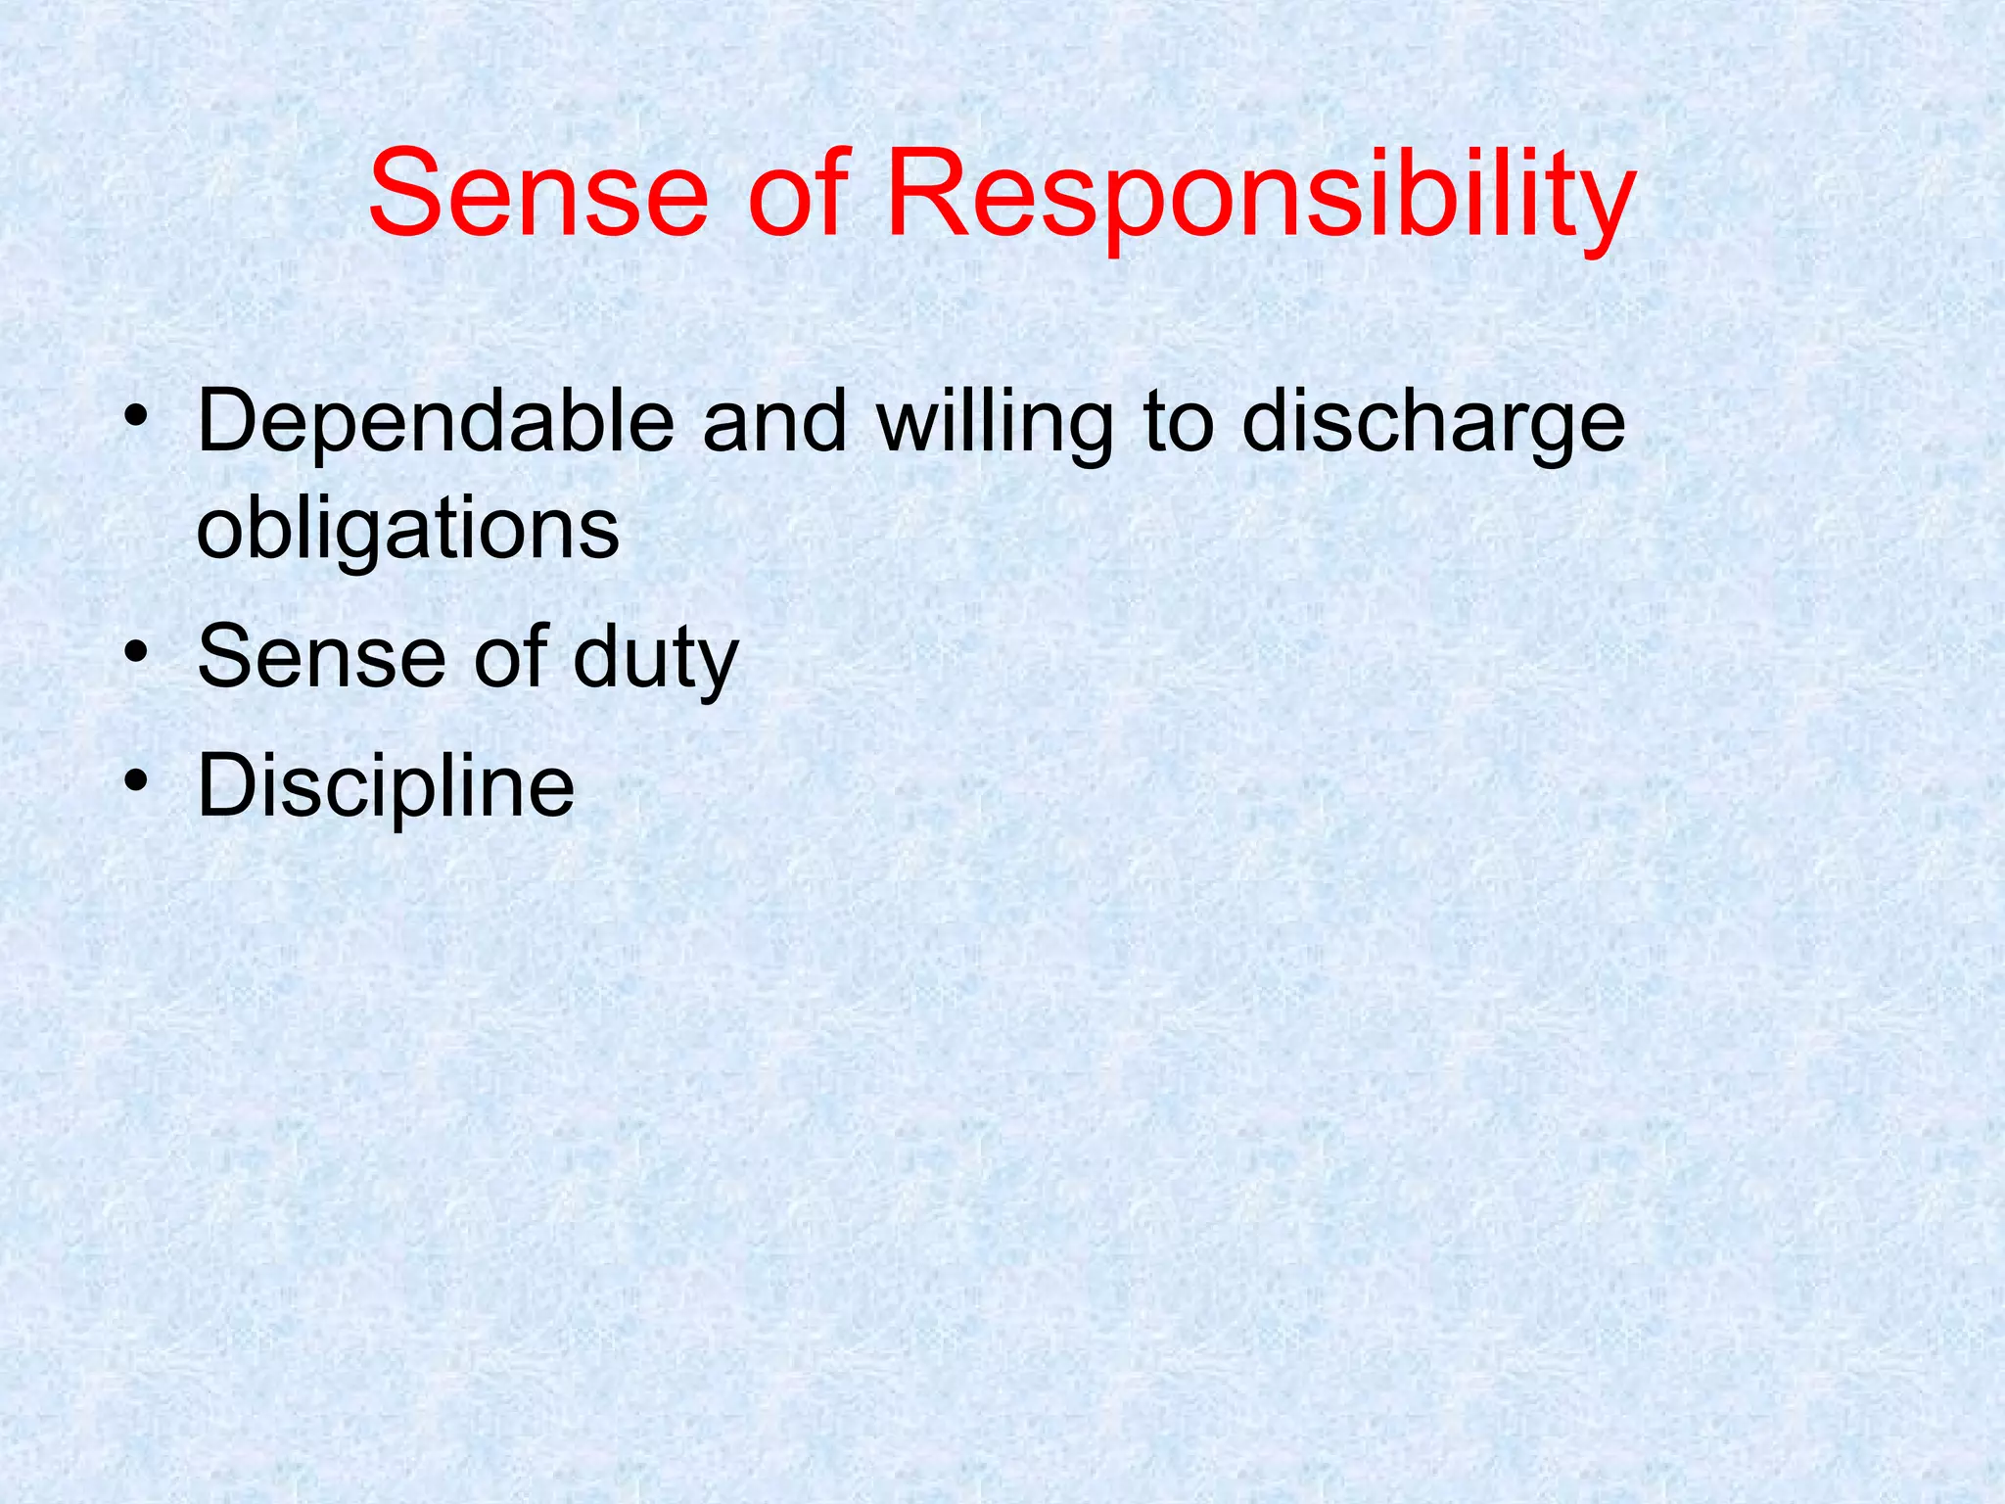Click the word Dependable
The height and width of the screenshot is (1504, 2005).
[x=436, y=423]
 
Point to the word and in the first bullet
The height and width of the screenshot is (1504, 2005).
[x=774, y=423]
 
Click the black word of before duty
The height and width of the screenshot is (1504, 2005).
[x=509, y=657]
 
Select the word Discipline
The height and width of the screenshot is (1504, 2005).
[x=386, y=786]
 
